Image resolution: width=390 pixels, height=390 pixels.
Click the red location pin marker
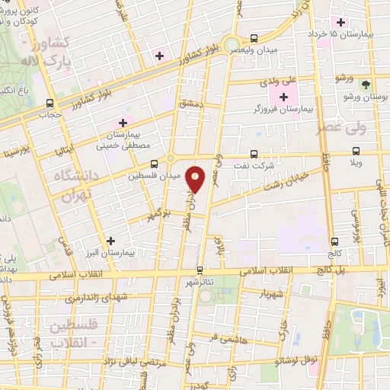[x=196, y=180]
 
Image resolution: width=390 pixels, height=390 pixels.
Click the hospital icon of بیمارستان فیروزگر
[x=284, y=97]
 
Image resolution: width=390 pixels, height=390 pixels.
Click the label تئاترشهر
[x=200, y=281]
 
